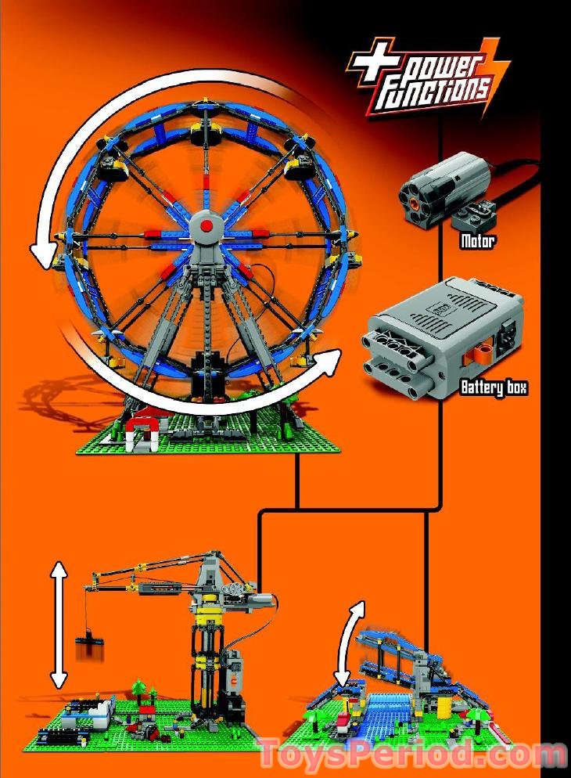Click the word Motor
click(x=476, y=241)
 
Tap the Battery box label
click(x=493, y=387)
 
